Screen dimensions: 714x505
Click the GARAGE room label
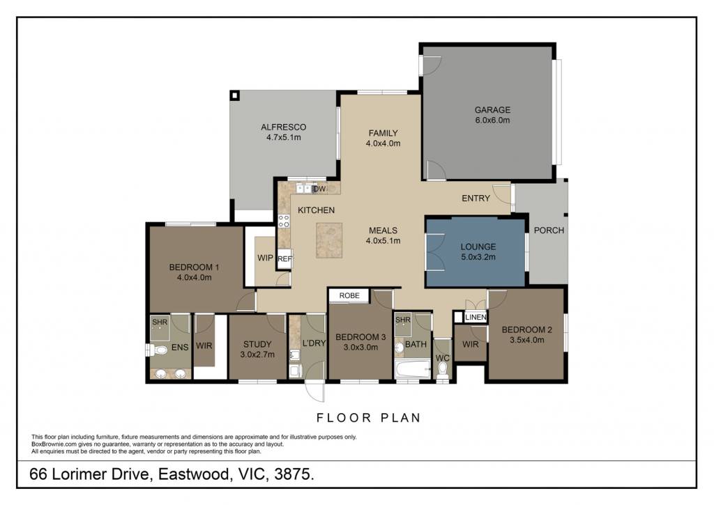point(492,109)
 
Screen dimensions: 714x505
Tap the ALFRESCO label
point(283,127)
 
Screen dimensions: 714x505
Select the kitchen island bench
point(329,240)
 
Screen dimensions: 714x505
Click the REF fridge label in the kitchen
point(284,259)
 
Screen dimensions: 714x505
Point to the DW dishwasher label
point(319,188)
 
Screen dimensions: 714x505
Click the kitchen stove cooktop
point(284,221)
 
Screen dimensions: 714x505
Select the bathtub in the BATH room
point(413,369)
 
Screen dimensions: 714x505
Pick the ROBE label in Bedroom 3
point(349,296)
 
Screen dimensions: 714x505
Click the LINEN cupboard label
point(476,317)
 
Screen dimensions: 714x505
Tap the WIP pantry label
point(265,258)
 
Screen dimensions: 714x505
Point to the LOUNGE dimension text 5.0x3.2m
point(478,257)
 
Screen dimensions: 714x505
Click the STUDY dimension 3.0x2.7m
point(257,355)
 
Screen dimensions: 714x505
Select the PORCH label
point(549,230)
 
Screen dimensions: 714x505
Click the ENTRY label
point(476,199)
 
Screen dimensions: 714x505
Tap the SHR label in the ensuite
point(160,322)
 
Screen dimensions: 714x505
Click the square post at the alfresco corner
point(234,95)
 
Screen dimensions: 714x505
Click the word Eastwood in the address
point(193,474)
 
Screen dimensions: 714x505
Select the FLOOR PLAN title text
point(369,418)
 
